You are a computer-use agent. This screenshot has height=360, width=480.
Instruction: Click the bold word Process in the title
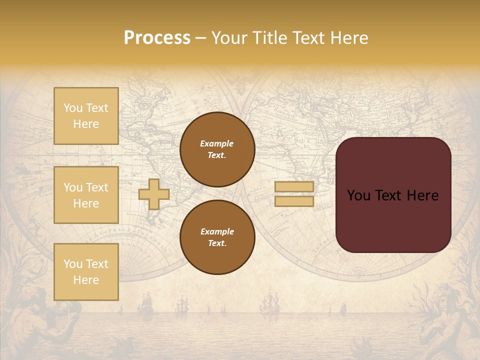[x=157, y=38]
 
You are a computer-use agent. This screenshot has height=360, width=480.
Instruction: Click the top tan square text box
[x=86, y=116]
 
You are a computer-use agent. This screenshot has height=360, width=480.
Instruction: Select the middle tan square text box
[x=86, y=195]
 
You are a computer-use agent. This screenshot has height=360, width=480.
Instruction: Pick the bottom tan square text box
[x=86, y=271]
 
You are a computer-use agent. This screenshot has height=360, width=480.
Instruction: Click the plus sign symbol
[x=154, y=194]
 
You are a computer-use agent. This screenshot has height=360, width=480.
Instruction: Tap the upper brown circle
[x=217, y=149]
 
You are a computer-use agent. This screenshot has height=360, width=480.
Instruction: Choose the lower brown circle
[x=217, y=237]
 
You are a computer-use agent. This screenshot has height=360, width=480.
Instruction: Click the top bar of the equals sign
[x=294, y=186]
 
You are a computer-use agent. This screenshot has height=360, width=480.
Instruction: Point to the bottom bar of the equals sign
[x=294, y=201]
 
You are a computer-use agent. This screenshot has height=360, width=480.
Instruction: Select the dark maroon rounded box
[x=393, y=195]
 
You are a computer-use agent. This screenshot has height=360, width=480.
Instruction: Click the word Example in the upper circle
[x=216, y=143]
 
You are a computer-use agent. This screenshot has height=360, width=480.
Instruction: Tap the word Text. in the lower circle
[x=217, y=243]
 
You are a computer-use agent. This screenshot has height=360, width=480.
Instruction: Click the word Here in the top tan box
[x=86, y=124]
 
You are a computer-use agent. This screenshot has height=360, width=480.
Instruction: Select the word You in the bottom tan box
[x=73, y=263]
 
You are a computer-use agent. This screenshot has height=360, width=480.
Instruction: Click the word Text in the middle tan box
[x=97, y=187]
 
